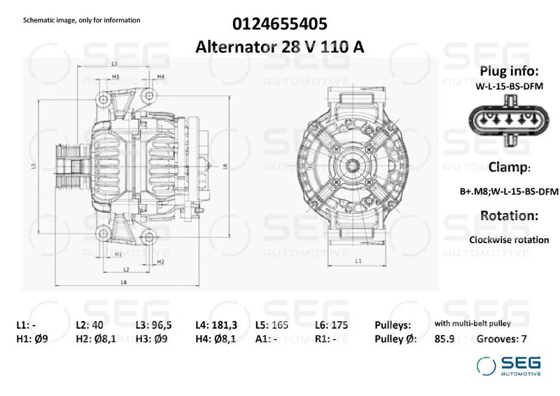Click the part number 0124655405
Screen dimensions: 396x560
279,25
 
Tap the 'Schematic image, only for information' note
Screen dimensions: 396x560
82,20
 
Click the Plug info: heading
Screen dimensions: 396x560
508,71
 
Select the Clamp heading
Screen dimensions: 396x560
509,168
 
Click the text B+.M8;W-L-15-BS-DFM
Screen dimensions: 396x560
508,191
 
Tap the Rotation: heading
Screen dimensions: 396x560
508,216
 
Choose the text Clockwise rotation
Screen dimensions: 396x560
509,240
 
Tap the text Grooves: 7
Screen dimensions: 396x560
501,339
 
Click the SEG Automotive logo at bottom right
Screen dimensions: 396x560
508,366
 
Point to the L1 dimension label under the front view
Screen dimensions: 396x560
358,261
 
